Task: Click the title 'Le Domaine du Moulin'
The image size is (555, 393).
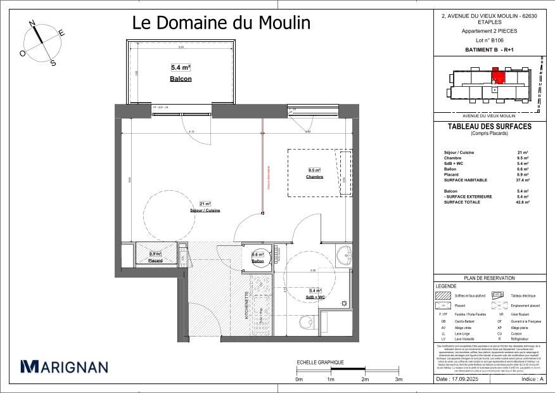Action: point(221,23)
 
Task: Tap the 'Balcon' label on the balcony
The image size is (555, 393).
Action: point(181,79)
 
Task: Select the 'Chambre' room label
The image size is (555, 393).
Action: point(314,177)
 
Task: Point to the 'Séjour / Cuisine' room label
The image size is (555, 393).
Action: point(205,210)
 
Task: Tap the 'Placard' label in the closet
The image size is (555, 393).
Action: point(155,261)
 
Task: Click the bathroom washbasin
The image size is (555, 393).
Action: point(343,255)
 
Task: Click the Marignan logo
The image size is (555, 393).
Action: point(64,366)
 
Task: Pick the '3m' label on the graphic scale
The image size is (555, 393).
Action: point(399,379)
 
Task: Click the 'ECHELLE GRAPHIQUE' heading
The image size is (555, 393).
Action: point(320,363)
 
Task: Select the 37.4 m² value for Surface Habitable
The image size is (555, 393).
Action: point(523,180)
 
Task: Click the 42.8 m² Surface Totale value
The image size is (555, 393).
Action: point(523,202)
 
